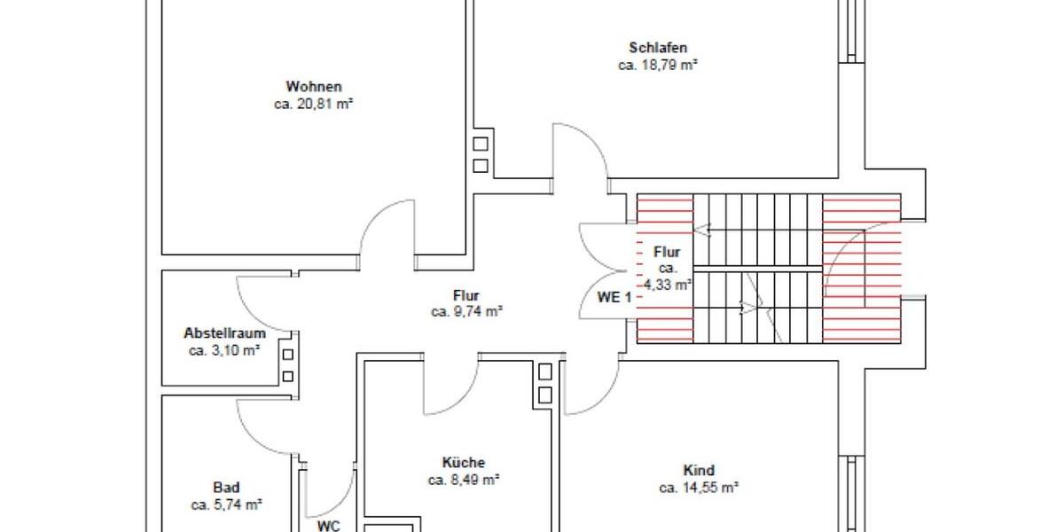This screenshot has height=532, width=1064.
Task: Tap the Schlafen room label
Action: pos(658,48)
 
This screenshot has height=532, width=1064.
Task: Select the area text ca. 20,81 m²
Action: pos(314,104)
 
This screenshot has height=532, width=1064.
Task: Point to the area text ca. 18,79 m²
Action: pos(658,65)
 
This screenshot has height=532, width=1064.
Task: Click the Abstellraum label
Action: pos(224,334)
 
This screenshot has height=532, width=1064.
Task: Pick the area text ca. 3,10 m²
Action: pos(224,350)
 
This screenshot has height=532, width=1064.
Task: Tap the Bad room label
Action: pos(226,488)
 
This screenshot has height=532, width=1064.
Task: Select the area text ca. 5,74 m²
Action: pos(226,505)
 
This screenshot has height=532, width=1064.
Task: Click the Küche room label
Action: pos(463,463)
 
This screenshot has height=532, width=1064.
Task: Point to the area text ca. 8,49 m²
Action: pos(464,480)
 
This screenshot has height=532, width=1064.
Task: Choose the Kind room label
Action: pos(699,471)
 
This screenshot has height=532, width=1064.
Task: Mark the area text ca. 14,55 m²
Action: pos(699,488)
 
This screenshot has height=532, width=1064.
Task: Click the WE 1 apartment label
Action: pos(614,298)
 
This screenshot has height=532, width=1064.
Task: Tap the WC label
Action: pos(329,525)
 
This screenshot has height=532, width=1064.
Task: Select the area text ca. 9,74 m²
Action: pos(467,311)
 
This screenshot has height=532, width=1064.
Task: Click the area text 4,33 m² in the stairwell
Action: pos(667,285)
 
